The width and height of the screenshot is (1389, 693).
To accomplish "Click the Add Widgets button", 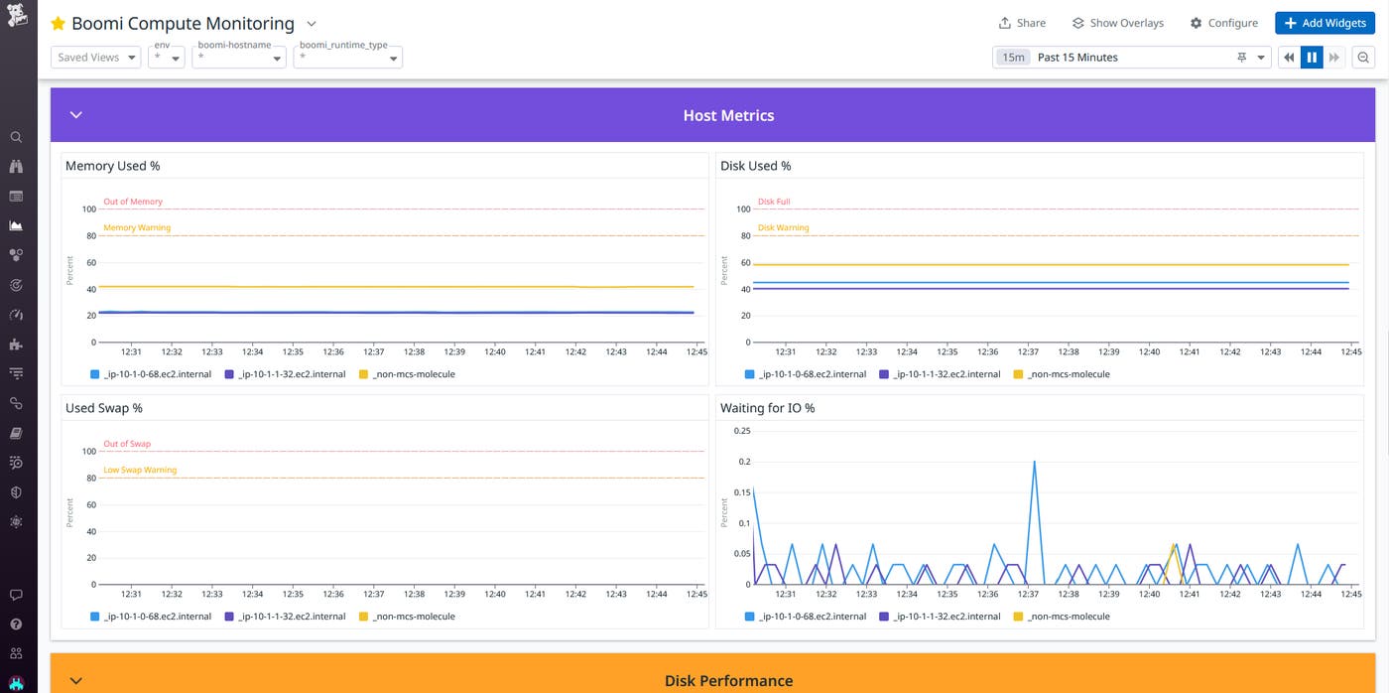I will click(1325, 23).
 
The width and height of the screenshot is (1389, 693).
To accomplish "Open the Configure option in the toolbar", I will click(1223, 23).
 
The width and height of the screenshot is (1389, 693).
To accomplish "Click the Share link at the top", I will click(1021, 23).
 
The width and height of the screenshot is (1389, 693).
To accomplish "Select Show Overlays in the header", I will click(1117, 23).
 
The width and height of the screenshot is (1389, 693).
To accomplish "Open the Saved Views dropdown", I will click(95, 58).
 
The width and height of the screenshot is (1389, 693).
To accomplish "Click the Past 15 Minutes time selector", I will click(1131, 58).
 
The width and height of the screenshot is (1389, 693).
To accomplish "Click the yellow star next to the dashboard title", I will click(58, 23).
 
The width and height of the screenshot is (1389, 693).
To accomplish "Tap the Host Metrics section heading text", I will click(728, 115).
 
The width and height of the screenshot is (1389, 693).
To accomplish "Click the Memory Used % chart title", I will click(112, 166).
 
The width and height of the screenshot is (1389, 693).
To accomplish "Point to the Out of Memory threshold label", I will click(133, 202).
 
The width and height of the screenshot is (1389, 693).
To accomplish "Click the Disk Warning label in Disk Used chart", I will click(783, 227).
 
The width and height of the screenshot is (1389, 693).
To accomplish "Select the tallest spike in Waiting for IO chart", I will click(1034, 462).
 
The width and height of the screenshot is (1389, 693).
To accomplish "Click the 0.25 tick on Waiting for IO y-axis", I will click(741, 431).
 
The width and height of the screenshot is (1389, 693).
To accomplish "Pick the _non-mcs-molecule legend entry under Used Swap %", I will click(407, 617).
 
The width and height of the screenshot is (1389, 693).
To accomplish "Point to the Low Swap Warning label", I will click(140, 470).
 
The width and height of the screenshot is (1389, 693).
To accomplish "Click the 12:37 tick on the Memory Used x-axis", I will click(374, 351).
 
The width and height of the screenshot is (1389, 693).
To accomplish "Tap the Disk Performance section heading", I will click(728, 680).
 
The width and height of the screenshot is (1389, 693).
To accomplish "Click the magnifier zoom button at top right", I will click(1363, 58).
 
